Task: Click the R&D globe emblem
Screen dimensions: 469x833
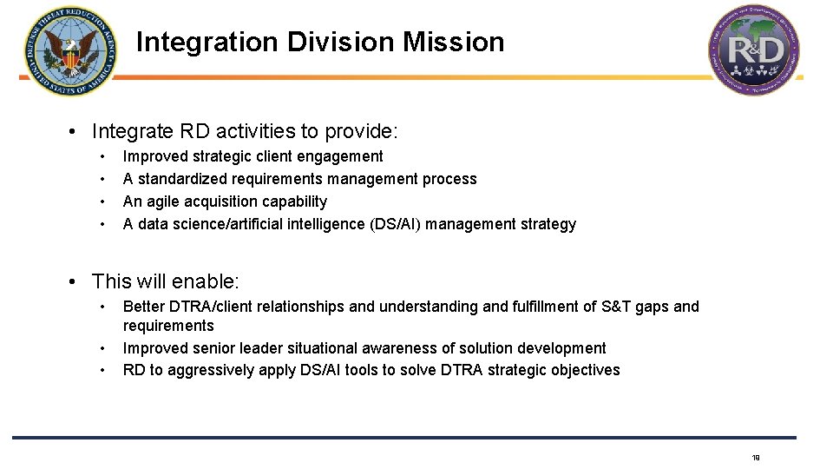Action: pyautogui.click(x=754, y=50)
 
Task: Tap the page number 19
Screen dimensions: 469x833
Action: pyautogui.click(x=756, y=458)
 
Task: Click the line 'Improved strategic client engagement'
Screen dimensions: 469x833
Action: pyautogui.click(x=253, y=156)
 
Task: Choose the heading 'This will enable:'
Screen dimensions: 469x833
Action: pyautogui.click(x=165, y=281)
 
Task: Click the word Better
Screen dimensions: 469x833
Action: pyautogui.click(x=144, y=307)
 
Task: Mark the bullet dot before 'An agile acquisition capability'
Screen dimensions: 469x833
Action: pyautogui.click(x=103, y=201)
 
